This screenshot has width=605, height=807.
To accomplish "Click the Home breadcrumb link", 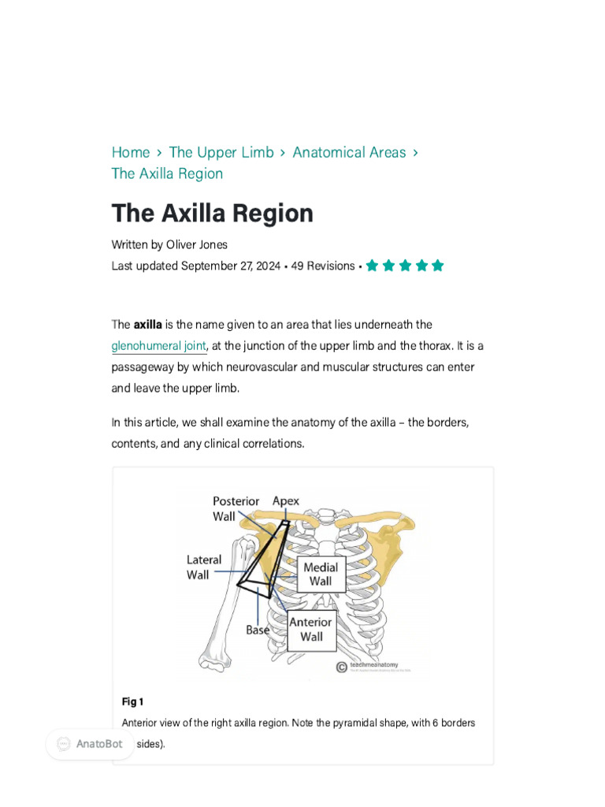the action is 131,152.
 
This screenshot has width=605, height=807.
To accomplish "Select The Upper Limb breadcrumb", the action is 221,152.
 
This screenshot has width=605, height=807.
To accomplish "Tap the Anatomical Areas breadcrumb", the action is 349,152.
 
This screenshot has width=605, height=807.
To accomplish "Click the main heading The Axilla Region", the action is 213,213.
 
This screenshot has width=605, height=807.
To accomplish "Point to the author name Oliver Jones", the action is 197,244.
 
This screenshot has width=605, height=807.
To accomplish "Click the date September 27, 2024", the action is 231,266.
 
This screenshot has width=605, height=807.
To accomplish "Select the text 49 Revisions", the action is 323,266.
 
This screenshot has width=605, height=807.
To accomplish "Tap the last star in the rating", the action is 438,266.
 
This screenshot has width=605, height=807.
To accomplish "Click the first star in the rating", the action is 373,266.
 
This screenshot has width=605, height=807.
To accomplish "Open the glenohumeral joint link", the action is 159,346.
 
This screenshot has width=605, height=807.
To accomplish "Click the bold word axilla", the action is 148,325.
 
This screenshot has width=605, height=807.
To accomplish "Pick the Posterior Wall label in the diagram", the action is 236,508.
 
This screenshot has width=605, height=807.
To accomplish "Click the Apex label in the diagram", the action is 286,500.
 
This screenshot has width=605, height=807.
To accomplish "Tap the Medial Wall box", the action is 321,575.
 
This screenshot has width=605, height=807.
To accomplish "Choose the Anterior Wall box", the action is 311,629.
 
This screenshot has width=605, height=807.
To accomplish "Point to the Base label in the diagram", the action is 258,630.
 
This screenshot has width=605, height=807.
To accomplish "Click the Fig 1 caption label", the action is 132,701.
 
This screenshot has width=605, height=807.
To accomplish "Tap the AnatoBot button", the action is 90,744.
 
